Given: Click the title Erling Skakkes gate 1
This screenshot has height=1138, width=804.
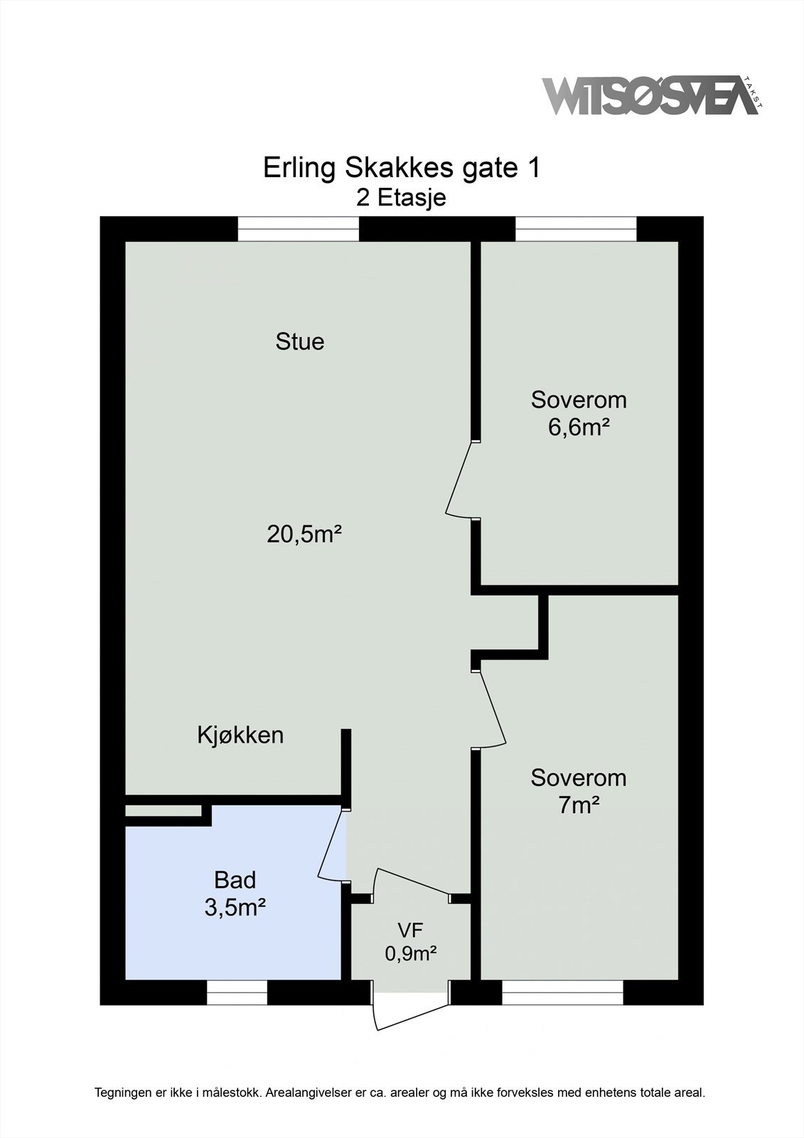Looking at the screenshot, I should [402, 169].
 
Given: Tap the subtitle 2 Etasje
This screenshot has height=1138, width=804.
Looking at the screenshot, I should [402, 197].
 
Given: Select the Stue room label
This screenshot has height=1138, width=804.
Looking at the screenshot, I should [300, 341].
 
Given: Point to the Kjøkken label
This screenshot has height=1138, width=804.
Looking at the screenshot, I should [240, 735].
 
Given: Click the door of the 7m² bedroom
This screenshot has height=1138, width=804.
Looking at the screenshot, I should [492, 708].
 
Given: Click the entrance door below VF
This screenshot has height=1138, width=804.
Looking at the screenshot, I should [411, 1010].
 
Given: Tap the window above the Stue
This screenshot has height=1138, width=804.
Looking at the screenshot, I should [298, 229].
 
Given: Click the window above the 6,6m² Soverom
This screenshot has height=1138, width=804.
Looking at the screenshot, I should [575, 229].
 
